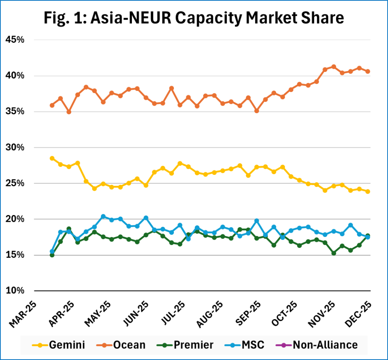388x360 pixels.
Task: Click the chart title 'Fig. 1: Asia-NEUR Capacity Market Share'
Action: pos(194,18)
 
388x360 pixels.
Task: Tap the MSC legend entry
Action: pos(248,345)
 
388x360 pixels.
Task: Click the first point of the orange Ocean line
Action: pos(52,105)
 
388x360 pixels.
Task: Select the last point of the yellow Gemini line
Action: pos(368,192)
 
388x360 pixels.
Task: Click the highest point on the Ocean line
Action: pos(333,67)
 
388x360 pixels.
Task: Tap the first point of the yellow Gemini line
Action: pos(52,158)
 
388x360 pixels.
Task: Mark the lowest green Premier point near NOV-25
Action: pos(333,253)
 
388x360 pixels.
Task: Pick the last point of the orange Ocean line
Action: pos(368,72)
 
